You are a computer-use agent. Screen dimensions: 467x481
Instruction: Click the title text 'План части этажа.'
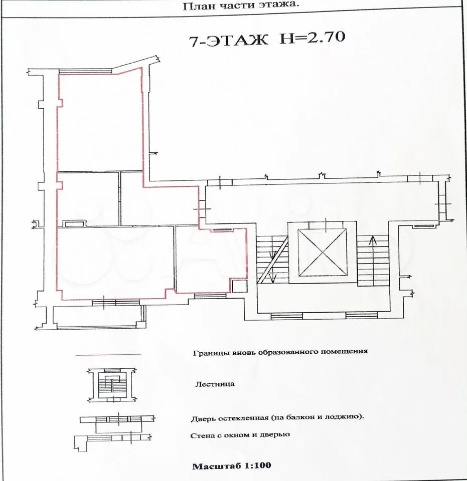[240, 6]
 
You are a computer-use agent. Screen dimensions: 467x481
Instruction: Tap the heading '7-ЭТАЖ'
[228, 41]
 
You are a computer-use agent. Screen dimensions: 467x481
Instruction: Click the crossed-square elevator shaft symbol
[322, 252]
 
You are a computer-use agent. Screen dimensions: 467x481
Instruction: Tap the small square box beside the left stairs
[239, 286]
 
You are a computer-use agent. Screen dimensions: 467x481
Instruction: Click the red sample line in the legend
[108, 355]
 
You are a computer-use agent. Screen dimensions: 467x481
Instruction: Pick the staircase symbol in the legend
[112, 385]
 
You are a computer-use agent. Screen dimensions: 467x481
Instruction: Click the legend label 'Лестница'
[215, 384]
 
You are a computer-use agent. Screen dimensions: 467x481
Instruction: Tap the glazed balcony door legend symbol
[117, 424]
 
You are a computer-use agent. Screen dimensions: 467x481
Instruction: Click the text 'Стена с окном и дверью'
[240, 435]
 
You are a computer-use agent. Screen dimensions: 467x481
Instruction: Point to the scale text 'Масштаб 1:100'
[232, 465]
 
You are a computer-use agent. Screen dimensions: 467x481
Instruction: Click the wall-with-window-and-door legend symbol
[112, 443]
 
